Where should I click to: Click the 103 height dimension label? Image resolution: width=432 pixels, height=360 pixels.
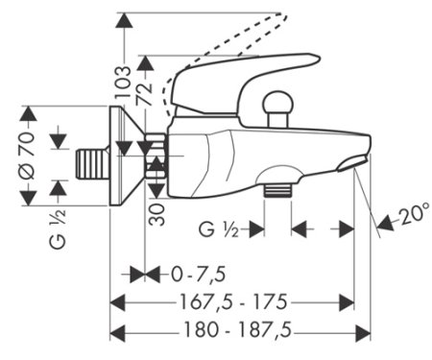pos(123,82)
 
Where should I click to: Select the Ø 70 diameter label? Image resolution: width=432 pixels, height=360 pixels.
pos(27,156)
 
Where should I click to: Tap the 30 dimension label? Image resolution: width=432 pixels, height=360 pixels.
pos(157,215)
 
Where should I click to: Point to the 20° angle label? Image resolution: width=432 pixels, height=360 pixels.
pos(414,213)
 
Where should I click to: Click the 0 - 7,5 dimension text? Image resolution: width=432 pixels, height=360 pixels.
pos(199,275)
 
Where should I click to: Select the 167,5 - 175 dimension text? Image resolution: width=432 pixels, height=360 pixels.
pos(233,301)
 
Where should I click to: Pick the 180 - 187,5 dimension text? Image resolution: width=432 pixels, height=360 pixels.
pos(238,329)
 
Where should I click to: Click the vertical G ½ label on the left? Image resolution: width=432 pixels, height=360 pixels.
pos(58,229)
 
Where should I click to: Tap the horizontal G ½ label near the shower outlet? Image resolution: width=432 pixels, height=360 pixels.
pos(219,229)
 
